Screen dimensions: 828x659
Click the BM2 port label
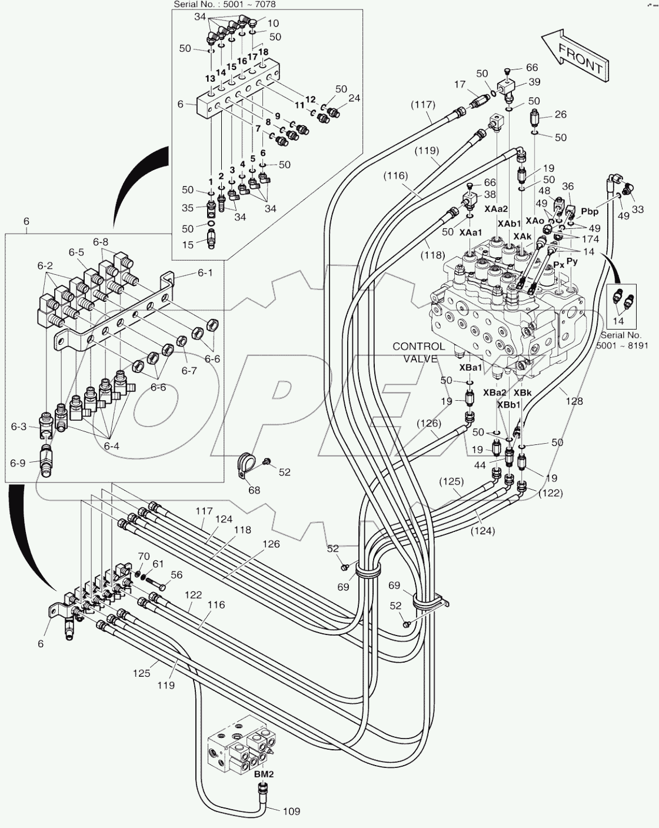[x=264, y=774]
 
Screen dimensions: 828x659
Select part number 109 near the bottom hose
[x=291, y=812]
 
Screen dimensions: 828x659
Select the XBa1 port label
[x=470, y=367]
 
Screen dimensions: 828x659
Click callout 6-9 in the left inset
[x=18, y=463]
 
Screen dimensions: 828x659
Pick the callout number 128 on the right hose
[x=574, y=401]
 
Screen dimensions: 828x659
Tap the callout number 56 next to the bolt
[x=176, y=575]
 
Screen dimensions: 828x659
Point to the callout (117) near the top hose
[x=423, y=105]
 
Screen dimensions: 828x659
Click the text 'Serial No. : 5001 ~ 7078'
[x=224, y=5]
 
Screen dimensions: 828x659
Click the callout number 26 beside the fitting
[x=560, y=114]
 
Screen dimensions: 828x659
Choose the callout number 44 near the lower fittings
[x=481, y=465]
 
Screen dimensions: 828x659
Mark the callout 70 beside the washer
[x=144, y=556]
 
